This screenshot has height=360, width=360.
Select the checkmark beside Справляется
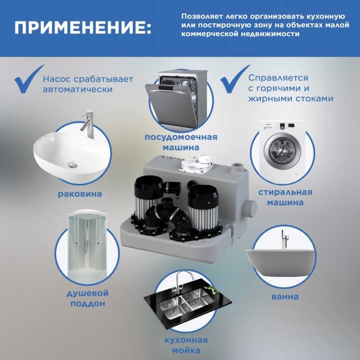click(x=234, y=79)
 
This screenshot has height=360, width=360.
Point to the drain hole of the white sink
click(x=73, y=164)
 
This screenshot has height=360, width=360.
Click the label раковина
click(x=80, y=194)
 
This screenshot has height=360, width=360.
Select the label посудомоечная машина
click(x=181, y=142)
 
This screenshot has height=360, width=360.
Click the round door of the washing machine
click(x=282, y=151)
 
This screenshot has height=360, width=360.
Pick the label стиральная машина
click(x=285, y=197)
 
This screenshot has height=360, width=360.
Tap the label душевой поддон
click(x=87, y=298)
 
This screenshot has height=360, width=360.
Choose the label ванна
click(x=285, y=297)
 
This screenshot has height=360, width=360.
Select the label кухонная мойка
click(x=186, y=345)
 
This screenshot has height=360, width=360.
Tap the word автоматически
click(x=77, y=89)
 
